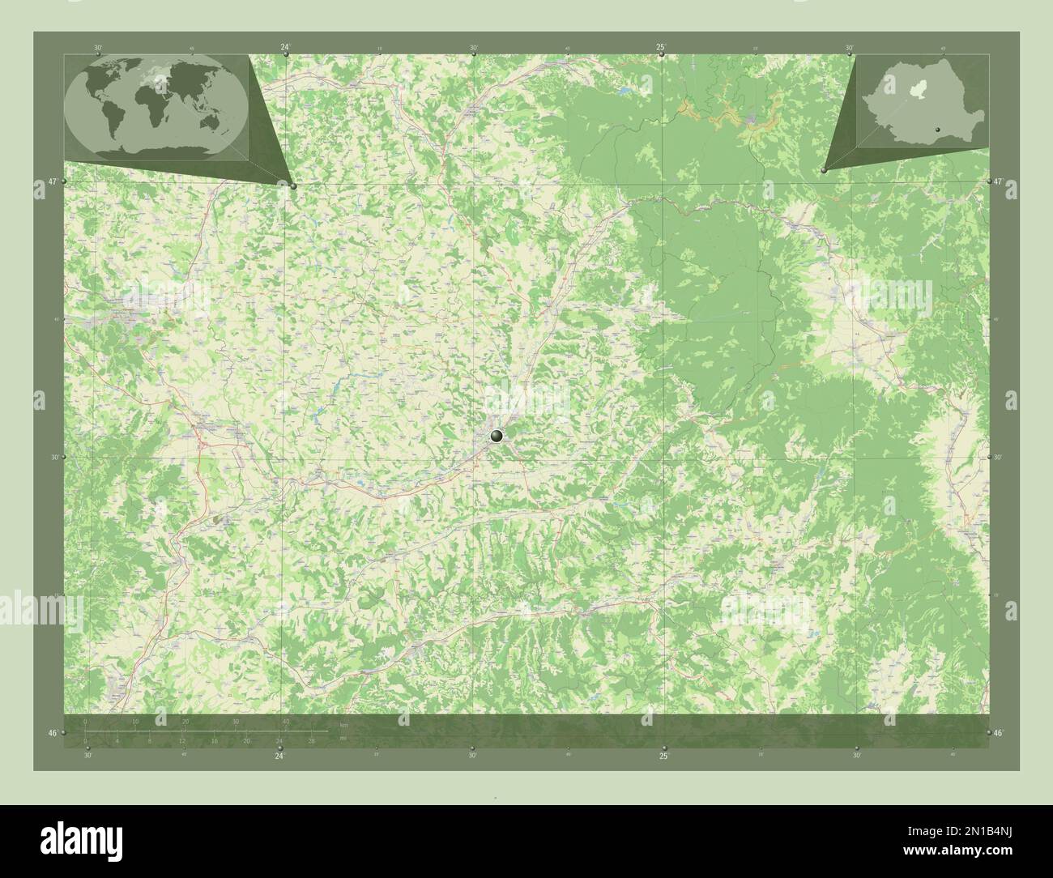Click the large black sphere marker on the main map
click(497, 436)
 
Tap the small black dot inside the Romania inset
click(937, 127)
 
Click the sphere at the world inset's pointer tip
click(293, 185)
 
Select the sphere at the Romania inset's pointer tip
click(823, 170)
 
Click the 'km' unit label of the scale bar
click(344, 724)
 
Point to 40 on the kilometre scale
click(285, 721)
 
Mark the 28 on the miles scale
click(311, 740)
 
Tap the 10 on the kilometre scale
click(135, 721)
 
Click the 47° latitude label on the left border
click(52, 181)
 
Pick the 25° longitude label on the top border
click(661, 47)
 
